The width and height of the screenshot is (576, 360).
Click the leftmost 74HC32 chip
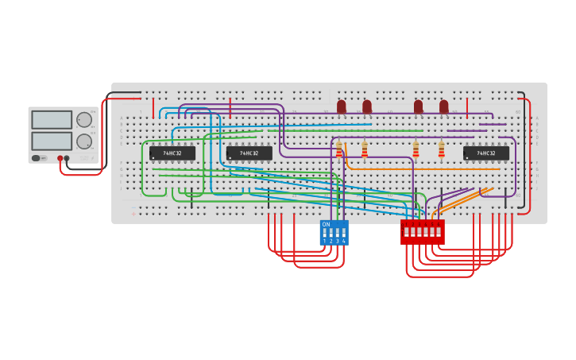pos(172,153)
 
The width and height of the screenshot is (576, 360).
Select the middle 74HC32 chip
pos(249,153)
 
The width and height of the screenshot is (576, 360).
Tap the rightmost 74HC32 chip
pos(485,153)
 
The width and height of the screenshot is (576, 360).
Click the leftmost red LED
pos(342,106)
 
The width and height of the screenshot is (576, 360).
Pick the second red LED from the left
pos(367,106)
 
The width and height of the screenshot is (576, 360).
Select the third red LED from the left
pos(418,106)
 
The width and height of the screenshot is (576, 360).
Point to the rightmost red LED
pos(443,106)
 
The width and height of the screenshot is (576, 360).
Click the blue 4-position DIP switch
pos(334,233)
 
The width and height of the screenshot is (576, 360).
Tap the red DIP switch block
pos(422,233)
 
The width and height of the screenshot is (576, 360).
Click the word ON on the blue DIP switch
pos(326,224)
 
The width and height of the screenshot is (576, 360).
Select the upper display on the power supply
pos(52,119)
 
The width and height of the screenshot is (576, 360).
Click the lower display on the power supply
pos(52,141)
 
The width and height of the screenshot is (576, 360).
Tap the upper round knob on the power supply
pos(83,120)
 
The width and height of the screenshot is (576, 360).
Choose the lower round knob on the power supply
pos(83,141)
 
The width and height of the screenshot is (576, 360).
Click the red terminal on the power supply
pos(60,158)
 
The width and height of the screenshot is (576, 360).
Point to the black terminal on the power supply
pos(67,158)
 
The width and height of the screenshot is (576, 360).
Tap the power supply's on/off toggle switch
pos(37,158)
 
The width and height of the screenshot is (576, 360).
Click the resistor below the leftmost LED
pos(339,150)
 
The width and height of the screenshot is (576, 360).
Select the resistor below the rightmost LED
pos(441,150)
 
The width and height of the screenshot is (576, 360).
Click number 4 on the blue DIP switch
pos(343,241)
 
